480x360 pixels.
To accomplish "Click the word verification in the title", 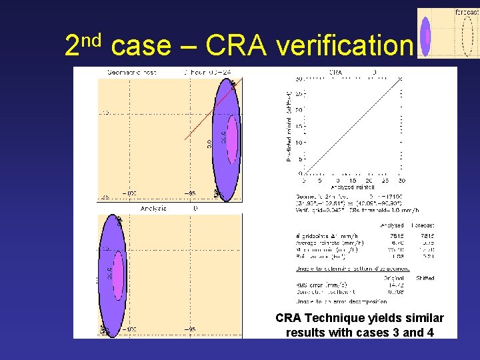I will point(344,46).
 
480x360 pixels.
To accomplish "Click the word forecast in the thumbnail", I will point(466,12).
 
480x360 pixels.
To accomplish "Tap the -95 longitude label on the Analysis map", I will point(190,329).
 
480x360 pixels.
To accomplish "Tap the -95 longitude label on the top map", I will point(190,193).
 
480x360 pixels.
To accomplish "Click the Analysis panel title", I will point(154,209).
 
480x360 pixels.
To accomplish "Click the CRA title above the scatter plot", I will point(336,71).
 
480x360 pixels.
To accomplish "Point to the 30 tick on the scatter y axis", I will point(300,78).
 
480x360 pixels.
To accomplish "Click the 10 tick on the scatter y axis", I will point(300,143).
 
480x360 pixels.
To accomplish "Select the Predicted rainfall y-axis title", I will point(289,127).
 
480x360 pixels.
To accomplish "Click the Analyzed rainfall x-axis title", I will point(351,187).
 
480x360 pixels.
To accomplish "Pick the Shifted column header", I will point(424,278).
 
